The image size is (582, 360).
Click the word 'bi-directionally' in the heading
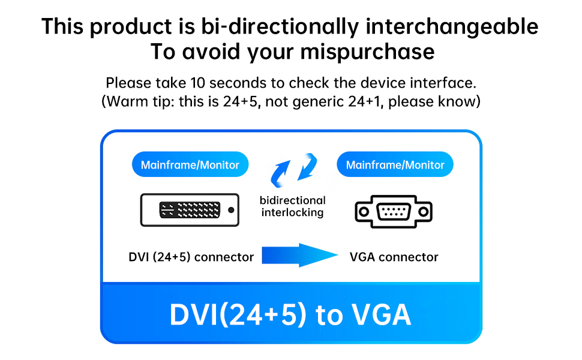click(280, 27)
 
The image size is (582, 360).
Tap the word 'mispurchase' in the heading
click(367, 52)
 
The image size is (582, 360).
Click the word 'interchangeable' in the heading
click(452, 26)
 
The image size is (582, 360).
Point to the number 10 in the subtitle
click(197, 83)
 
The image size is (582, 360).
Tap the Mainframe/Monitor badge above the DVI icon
click(190, 164)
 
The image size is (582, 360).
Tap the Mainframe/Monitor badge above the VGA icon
click(395, 164)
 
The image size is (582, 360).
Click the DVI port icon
click(190, 209)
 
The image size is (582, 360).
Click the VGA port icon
click(394, 211)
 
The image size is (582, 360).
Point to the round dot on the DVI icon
click(231, 210)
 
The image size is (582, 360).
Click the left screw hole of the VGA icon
click(364, 212)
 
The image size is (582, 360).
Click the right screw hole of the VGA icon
click(424, 212)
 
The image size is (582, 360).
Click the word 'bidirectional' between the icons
click(292, 200)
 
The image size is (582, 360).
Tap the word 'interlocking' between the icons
click(292, 212)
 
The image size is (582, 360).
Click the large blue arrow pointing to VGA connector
click(300, 256)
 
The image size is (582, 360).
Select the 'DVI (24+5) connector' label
click(191, 257)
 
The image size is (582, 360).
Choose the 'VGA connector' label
click(394, 257)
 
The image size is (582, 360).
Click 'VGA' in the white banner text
click(381, 315)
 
